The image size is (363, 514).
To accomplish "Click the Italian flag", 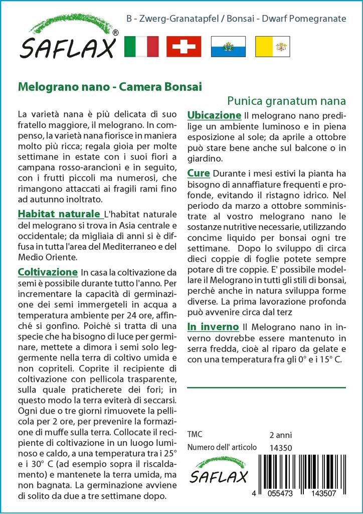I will tap(141, 47).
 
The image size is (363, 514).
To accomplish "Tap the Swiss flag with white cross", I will tap(184, 47).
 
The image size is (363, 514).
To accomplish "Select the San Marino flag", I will tap(228, 47).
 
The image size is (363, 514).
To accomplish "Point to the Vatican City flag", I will tap(272, 47).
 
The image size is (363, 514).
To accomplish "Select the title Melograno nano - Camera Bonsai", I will tap(110, 86).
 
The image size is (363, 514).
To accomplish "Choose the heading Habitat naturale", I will tap(59, 213).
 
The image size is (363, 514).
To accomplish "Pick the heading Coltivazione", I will tap(48, 272).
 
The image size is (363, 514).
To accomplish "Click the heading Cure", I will tap(199, 174).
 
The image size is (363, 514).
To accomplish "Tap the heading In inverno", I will tap(213, 327).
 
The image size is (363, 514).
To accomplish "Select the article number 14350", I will tap(280, 447).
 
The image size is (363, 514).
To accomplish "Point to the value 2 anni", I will tap(280, 435).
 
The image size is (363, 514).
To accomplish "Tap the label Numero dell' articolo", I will tap(222, 447).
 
